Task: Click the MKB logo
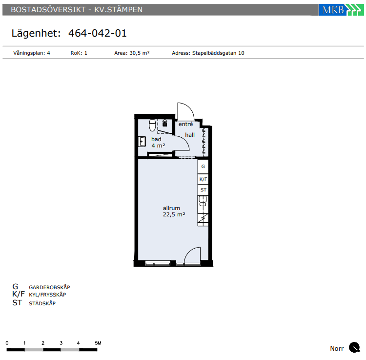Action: click(341, 10)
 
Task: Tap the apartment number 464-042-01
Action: click(98, 33)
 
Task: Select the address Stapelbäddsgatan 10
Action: click(218, 53)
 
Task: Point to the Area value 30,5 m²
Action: click(140, 53)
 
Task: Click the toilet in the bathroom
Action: click(152, 125)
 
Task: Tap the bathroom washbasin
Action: click(142, 141)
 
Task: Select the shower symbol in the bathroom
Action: click(165, 123)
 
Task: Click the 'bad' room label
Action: click(156, 139)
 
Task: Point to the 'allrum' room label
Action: click(171, 208)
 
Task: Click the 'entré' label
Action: click(186, 124)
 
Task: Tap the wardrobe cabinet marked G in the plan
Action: click(203, 167)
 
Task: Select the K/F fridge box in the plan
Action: click(203, 179)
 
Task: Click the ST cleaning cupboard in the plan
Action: click(203, 190)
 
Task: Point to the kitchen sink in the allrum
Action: click(203, 201)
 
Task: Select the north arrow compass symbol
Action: click(355, 347)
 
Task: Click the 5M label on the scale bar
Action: click(98, 343)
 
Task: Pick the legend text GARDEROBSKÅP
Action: click(49, 287)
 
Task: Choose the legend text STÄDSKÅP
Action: click(42, 303)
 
